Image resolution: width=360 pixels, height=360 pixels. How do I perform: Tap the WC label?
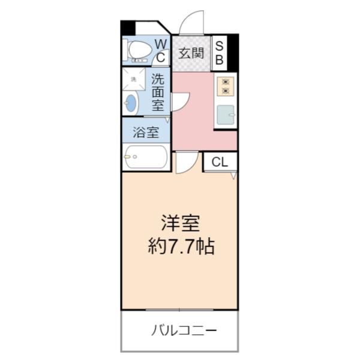click(x=161, y=50)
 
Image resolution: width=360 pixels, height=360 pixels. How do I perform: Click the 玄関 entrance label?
click(x=190, y=53)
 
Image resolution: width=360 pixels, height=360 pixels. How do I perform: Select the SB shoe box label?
click(x=219, y=52)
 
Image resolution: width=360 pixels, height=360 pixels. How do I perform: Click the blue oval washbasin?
click(x=131, y=103)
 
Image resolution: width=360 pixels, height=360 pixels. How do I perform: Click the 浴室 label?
click(x=146, y=131)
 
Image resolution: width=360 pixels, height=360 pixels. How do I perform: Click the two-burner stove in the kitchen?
click(x=226, y=86)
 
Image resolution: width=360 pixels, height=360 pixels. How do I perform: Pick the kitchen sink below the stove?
click(x=226, y=113)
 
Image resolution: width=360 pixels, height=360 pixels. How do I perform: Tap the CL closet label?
click(x=220, y=161)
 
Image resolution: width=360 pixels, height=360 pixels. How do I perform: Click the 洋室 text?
click(x=180, y=224)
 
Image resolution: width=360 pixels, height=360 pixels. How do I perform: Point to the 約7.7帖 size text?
click(x=181, y=247)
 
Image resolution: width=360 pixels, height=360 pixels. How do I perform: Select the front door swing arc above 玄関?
click(x=192, y=23)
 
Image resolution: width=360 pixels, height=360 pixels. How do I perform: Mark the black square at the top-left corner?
click(x=128, y=28)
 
